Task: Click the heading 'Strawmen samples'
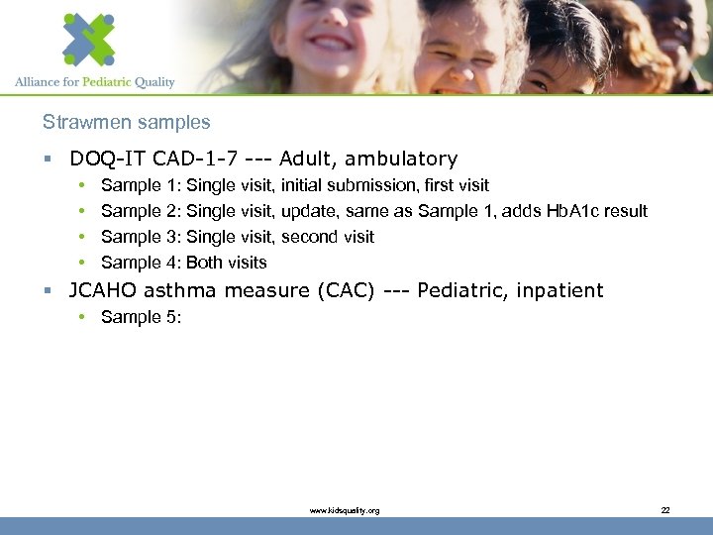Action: point(126,123)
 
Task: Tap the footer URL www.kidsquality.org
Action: point(344,510)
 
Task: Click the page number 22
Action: point(664,510)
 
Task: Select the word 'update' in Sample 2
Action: point(308,211)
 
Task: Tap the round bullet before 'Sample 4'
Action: point(78,263)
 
